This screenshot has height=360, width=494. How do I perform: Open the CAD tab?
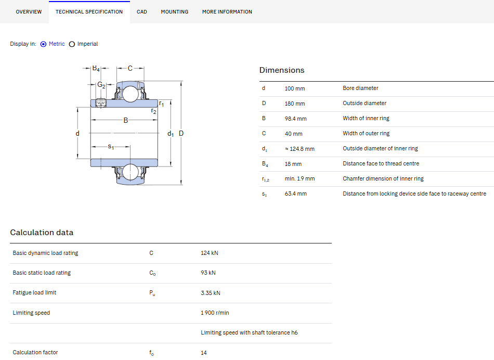[x=142, y=11]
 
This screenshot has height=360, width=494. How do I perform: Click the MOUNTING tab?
[x=175, y=11]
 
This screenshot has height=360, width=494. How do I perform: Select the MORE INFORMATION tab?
[x=227, y=11]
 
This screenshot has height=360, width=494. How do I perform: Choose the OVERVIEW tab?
[x=29, y=11]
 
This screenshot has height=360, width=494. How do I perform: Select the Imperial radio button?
[x=72, y=44]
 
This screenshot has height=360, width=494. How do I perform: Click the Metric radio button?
[x=44, y=44]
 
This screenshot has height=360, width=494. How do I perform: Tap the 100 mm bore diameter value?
[x=295, y=88]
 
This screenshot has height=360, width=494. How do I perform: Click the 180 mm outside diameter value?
[x=295, y=104]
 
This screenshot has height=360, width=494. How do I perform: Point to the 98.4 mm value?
[x=295, y=119]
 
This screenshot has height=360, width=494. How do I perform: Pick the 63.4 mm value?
[x=295, y=194]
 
